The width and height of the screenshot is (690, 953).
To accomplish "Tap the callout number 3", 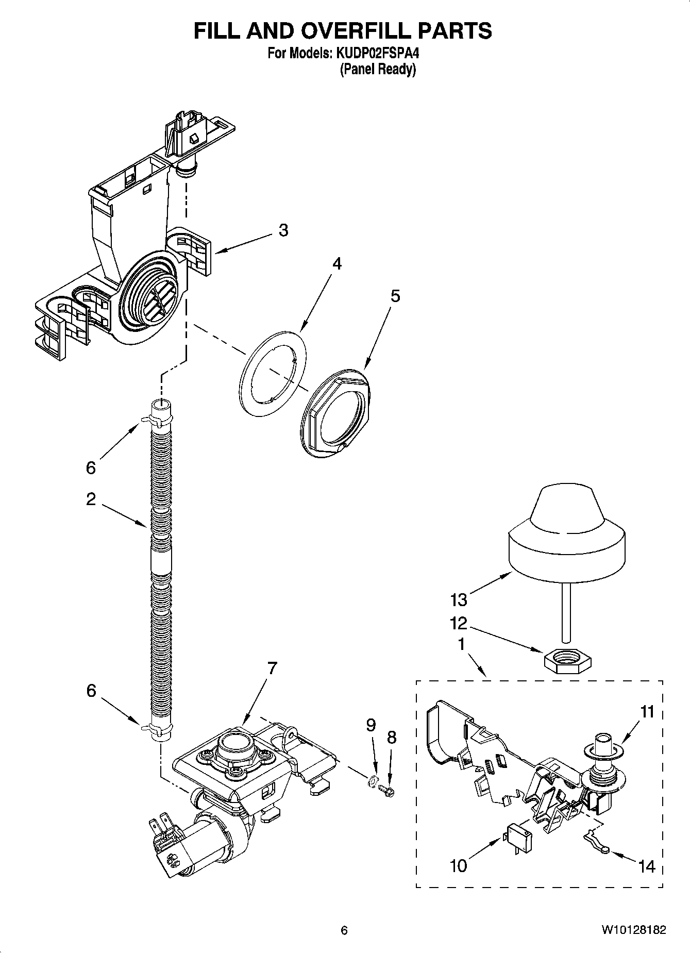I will [x=283, y=230].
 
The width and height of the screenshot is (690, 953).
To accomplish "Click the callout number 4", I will [x=336, y=264].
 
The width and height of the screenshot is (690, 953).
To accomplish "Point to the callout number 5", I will [x=395, y=296].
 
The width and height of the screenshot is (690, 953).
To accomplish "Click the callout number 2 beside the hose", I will [x=91, y=499].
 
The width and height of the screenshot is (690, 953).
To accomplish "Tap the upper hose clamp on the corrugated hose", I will [x=161, y=422].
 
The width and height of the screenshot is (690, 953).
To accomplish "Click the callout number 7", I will [x=272, y=668].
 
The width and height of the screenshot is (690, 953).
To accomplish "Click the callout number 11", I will [x=647, y=712].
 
